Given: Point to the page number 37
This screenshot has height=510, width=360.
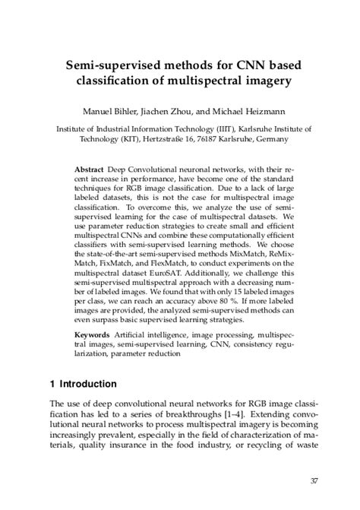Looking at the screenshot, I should (314, 480).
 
